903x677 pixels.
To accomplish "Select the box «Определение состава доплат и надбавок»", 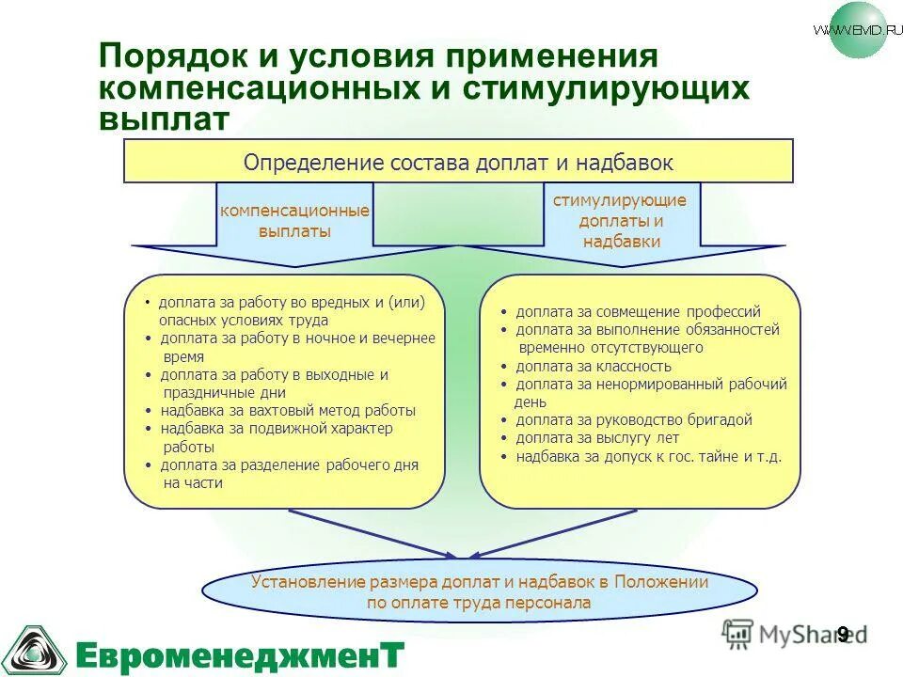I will tap(458, 162).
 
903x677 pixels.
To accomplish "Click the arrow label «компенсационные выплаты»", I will tap(294, 221).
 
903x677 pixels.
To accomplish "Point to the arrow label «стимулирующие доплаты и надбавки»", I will tap(620, 221).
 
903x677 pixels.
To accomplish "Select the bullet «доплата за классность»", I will tap(593, 367).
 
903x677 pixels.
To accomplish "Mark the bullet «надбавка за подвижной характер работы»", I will tap(276, 437).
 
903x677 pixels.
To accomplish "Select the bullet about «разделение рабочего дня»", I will tap(289, 474).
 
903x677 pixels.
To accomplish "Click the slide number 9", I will tap(842, 634).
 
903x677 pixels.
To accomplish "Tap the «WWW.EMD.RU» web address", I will tap(850, 29).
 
